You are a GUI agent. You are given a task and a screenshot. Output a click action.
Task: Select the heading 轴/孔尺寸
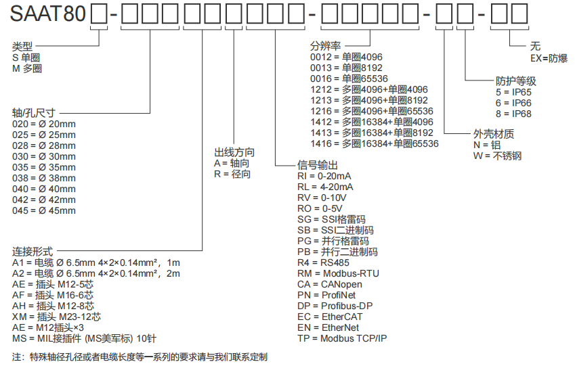click(34, 112)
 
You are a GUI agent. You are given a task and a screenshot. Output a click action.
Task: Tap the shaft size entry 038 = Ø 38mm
click(44, 178)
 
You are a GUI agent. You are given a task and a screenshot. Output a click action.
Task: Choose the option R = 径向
click(232, 175)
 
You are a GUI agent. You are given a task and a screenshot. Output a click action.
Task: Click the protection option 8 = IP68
click(513, 114)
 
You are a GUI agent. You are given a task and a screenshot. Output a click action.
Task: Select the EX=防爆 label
click(549, 58)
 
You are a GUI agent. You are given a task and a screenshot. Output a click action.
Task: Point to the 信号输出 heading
click(318, 165)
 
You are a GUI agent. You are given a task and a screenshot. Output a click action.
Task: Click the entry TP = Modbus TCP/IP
click(342, 338)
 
